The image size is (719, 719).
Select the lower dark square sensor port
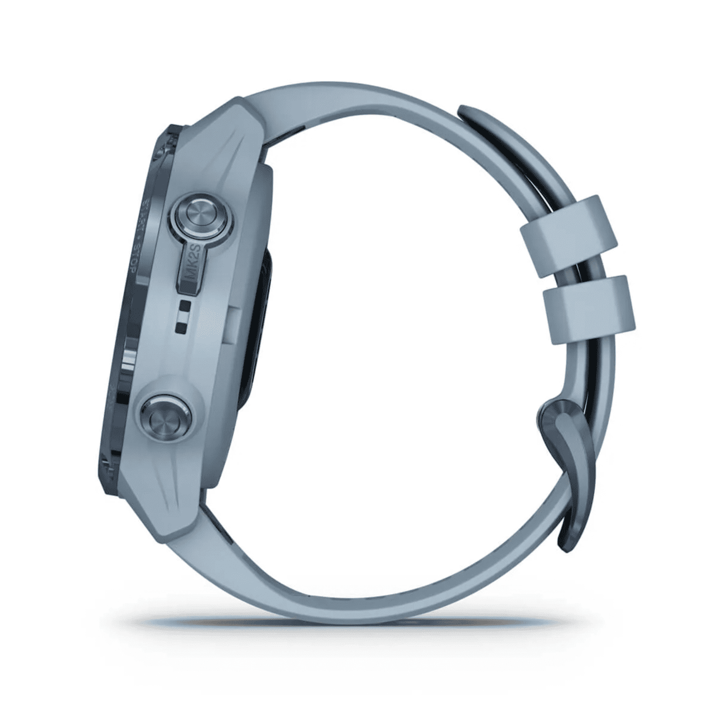(x=181, y=325)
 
